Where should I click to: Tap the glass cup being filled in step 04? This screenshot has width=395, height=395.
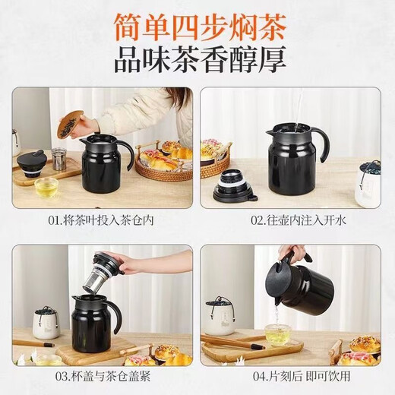(x=278, y=334)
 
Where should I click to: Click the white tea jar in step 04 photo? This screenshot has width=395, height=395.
(x=221, y=318)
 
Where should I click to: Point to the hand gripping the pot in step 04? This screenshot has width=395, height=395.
(x=292, y=253)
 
